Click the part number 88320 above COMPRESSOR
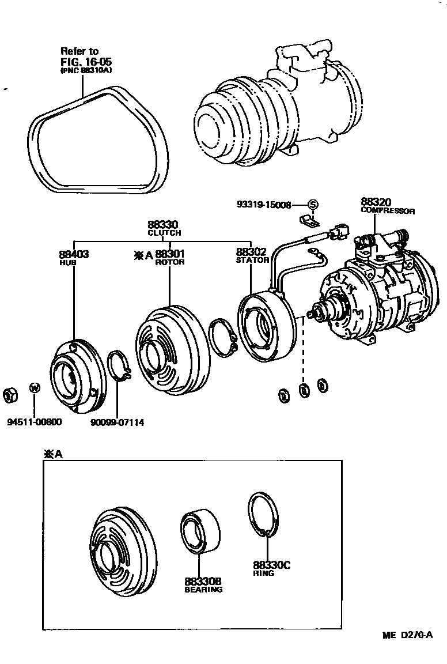(x=376, y=202)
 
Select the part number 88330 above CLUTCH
(x=164, y=225)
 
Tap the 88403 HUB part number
(x=73, y=254)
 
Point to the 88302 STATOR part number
(x=252, y=252)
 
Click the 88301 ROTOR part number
(x=170, y=254)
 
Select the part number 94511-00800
(x=34, y=422)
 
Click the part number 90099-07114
(x=117, y=422)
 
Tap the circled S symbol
(x=312, y=204)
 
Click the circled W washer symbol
(x=35, y=388)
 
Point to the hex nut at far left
(x=10, y=395)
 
